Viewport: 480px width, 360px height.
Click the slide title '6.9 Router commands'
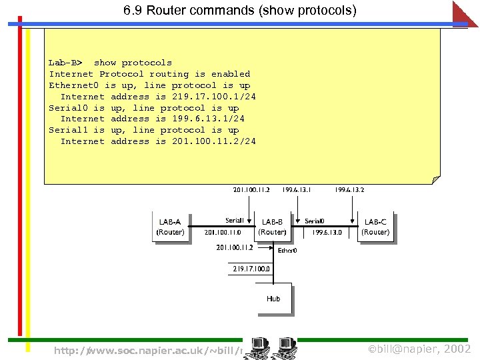click(239, 11)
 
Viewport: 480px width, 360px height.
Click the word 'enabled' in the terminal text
click(231, 74)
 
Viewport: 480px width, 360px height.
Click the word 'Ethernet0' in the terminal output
click(73, 85)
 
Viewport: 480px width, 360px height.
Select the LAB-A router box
click(170, 227)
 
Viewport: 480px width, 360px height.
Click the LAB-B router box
click(272, 227)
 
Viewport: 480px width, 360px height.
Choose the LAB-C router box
click(375, 227)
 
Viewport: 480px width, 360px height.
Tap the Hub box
click(273, 299)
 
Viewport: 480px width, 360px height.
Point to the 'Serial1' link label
click(234, 221)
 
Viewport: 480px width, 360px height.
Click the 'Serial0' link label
click(315, 221)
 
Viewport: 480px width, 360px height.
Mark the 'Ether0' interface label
click(287, 251)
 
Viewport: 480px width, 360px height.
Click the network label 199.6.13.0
click(327, 233)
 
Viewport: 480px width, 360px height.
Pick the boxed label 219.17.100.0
click(251, 269)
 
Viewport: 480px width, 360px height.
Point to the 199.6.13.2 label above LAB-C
click(350, 190)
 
